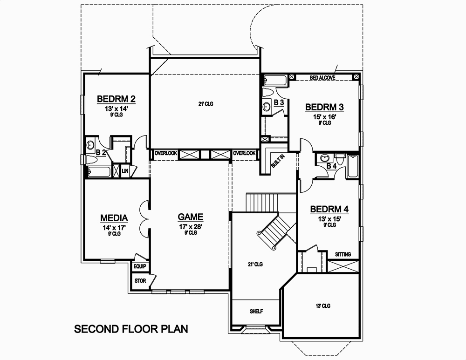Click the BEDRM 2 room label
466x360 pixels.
116,99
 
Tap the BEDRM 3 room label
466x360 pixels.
324,107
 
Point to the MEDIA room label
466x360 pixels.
114,218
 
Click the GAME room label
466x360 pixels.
191,217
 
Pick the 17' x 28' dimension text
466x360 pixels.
191,226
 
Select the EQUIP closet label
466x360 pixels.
140,266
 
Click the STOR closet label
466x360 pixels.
140,281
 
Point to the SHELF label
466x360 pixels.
256,312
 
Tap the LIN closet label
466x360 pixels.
125,171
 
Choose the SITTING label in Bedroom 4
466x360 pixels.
343,254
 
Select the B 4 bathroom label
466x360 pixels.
331,166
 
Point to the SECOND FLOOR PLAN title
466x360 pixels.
131,329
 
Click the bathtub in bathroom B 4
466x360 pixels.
353,166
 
